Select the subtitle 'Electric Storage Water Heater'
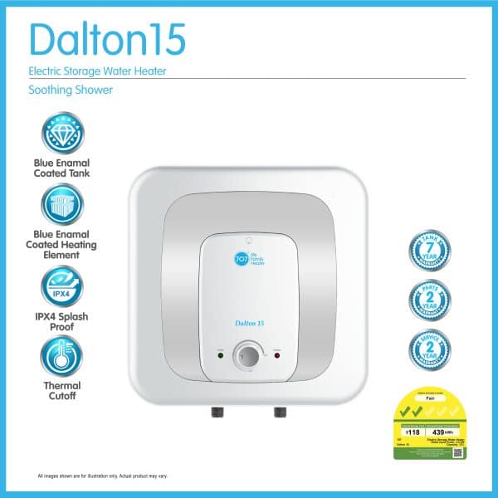pos(98,71)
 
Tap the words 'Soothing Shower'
pos(71,90)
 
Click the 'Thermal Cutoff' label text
pos(63,391)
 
